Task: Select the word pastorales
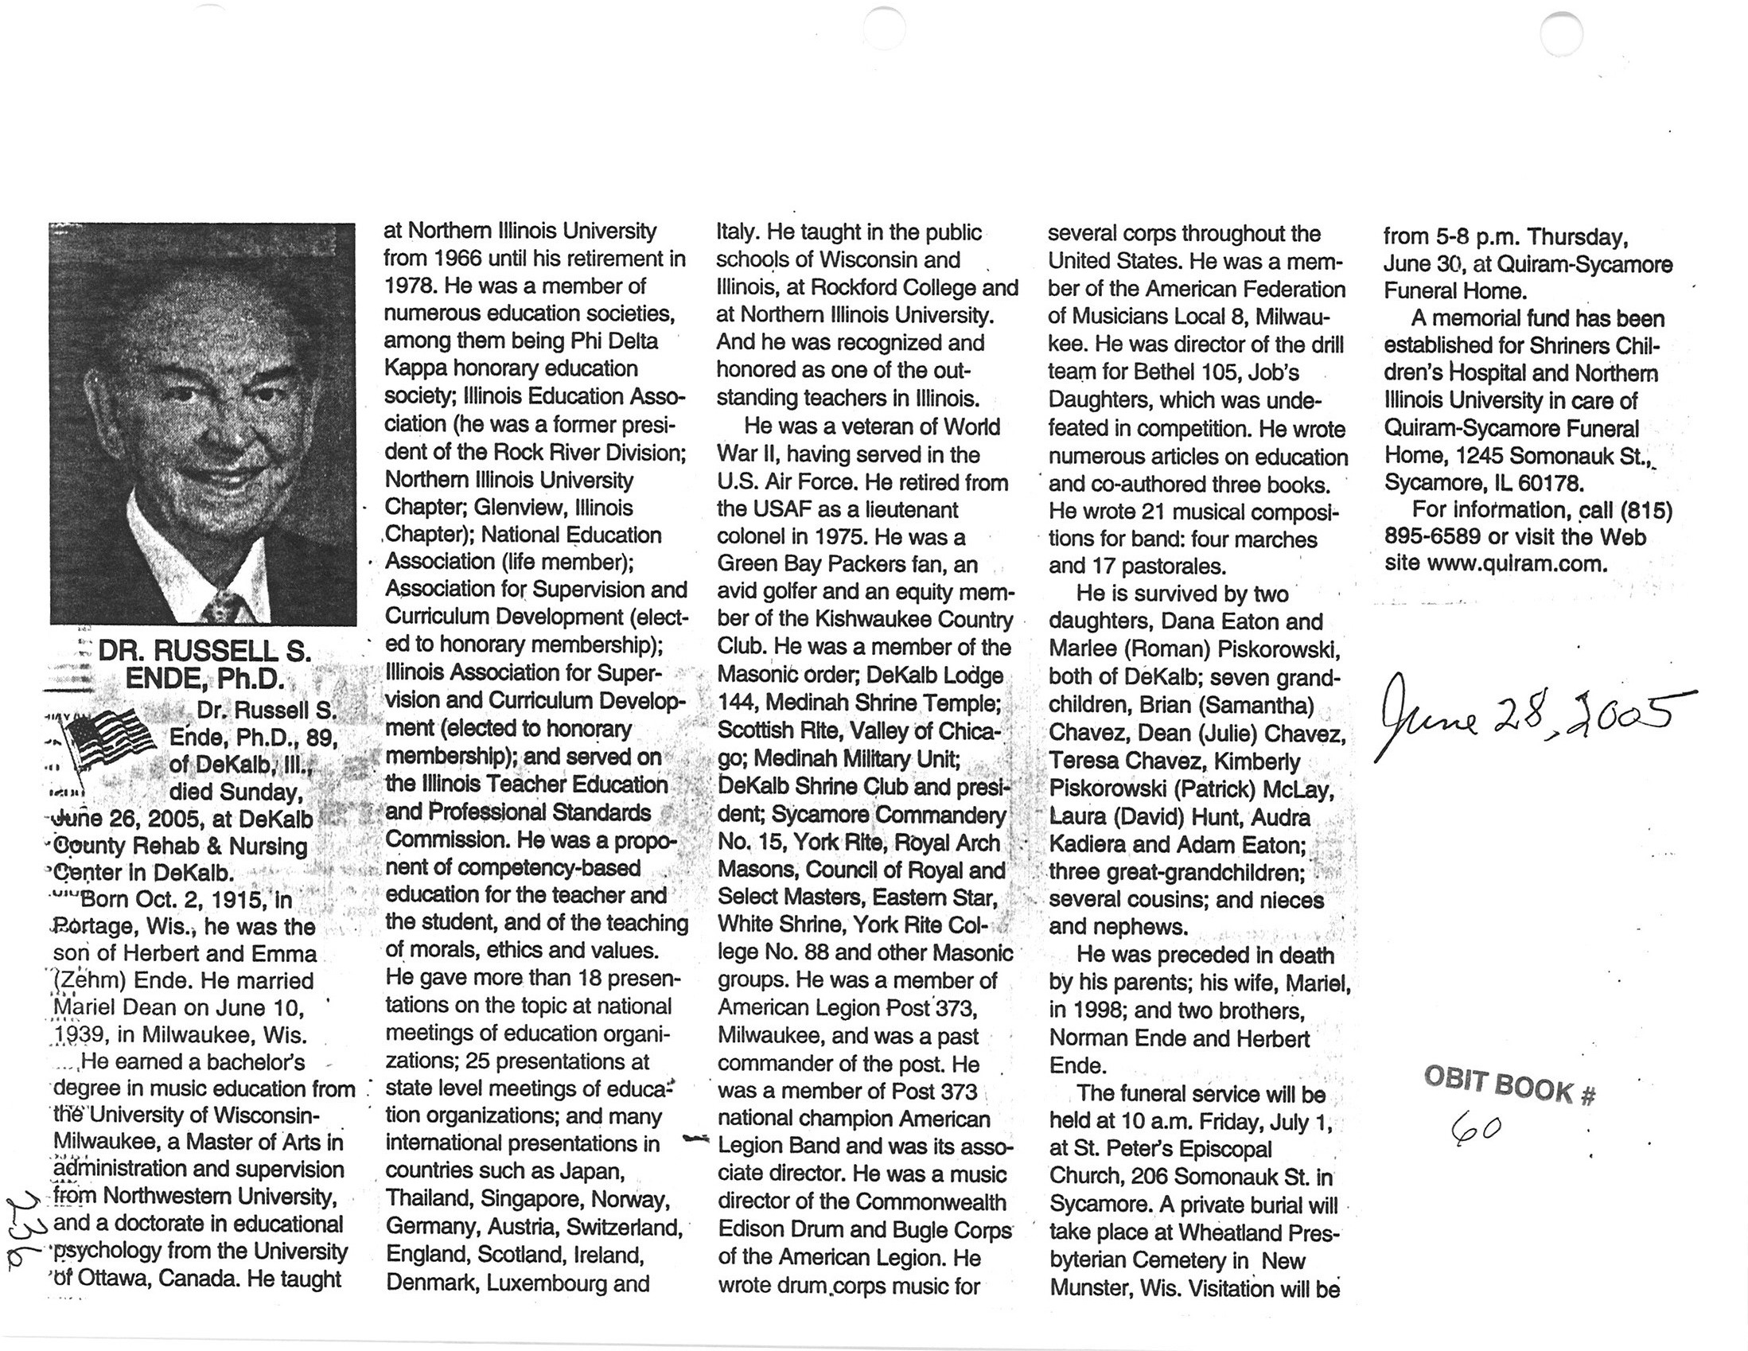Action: pos(1174,566)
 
